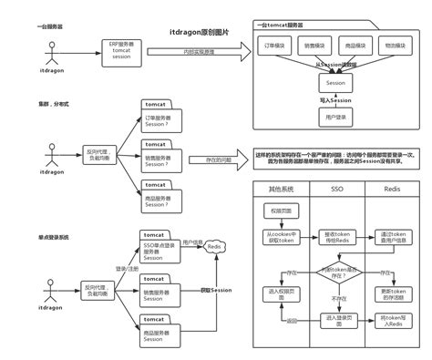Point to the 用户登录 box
336,118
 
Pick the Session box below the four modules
336,82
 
